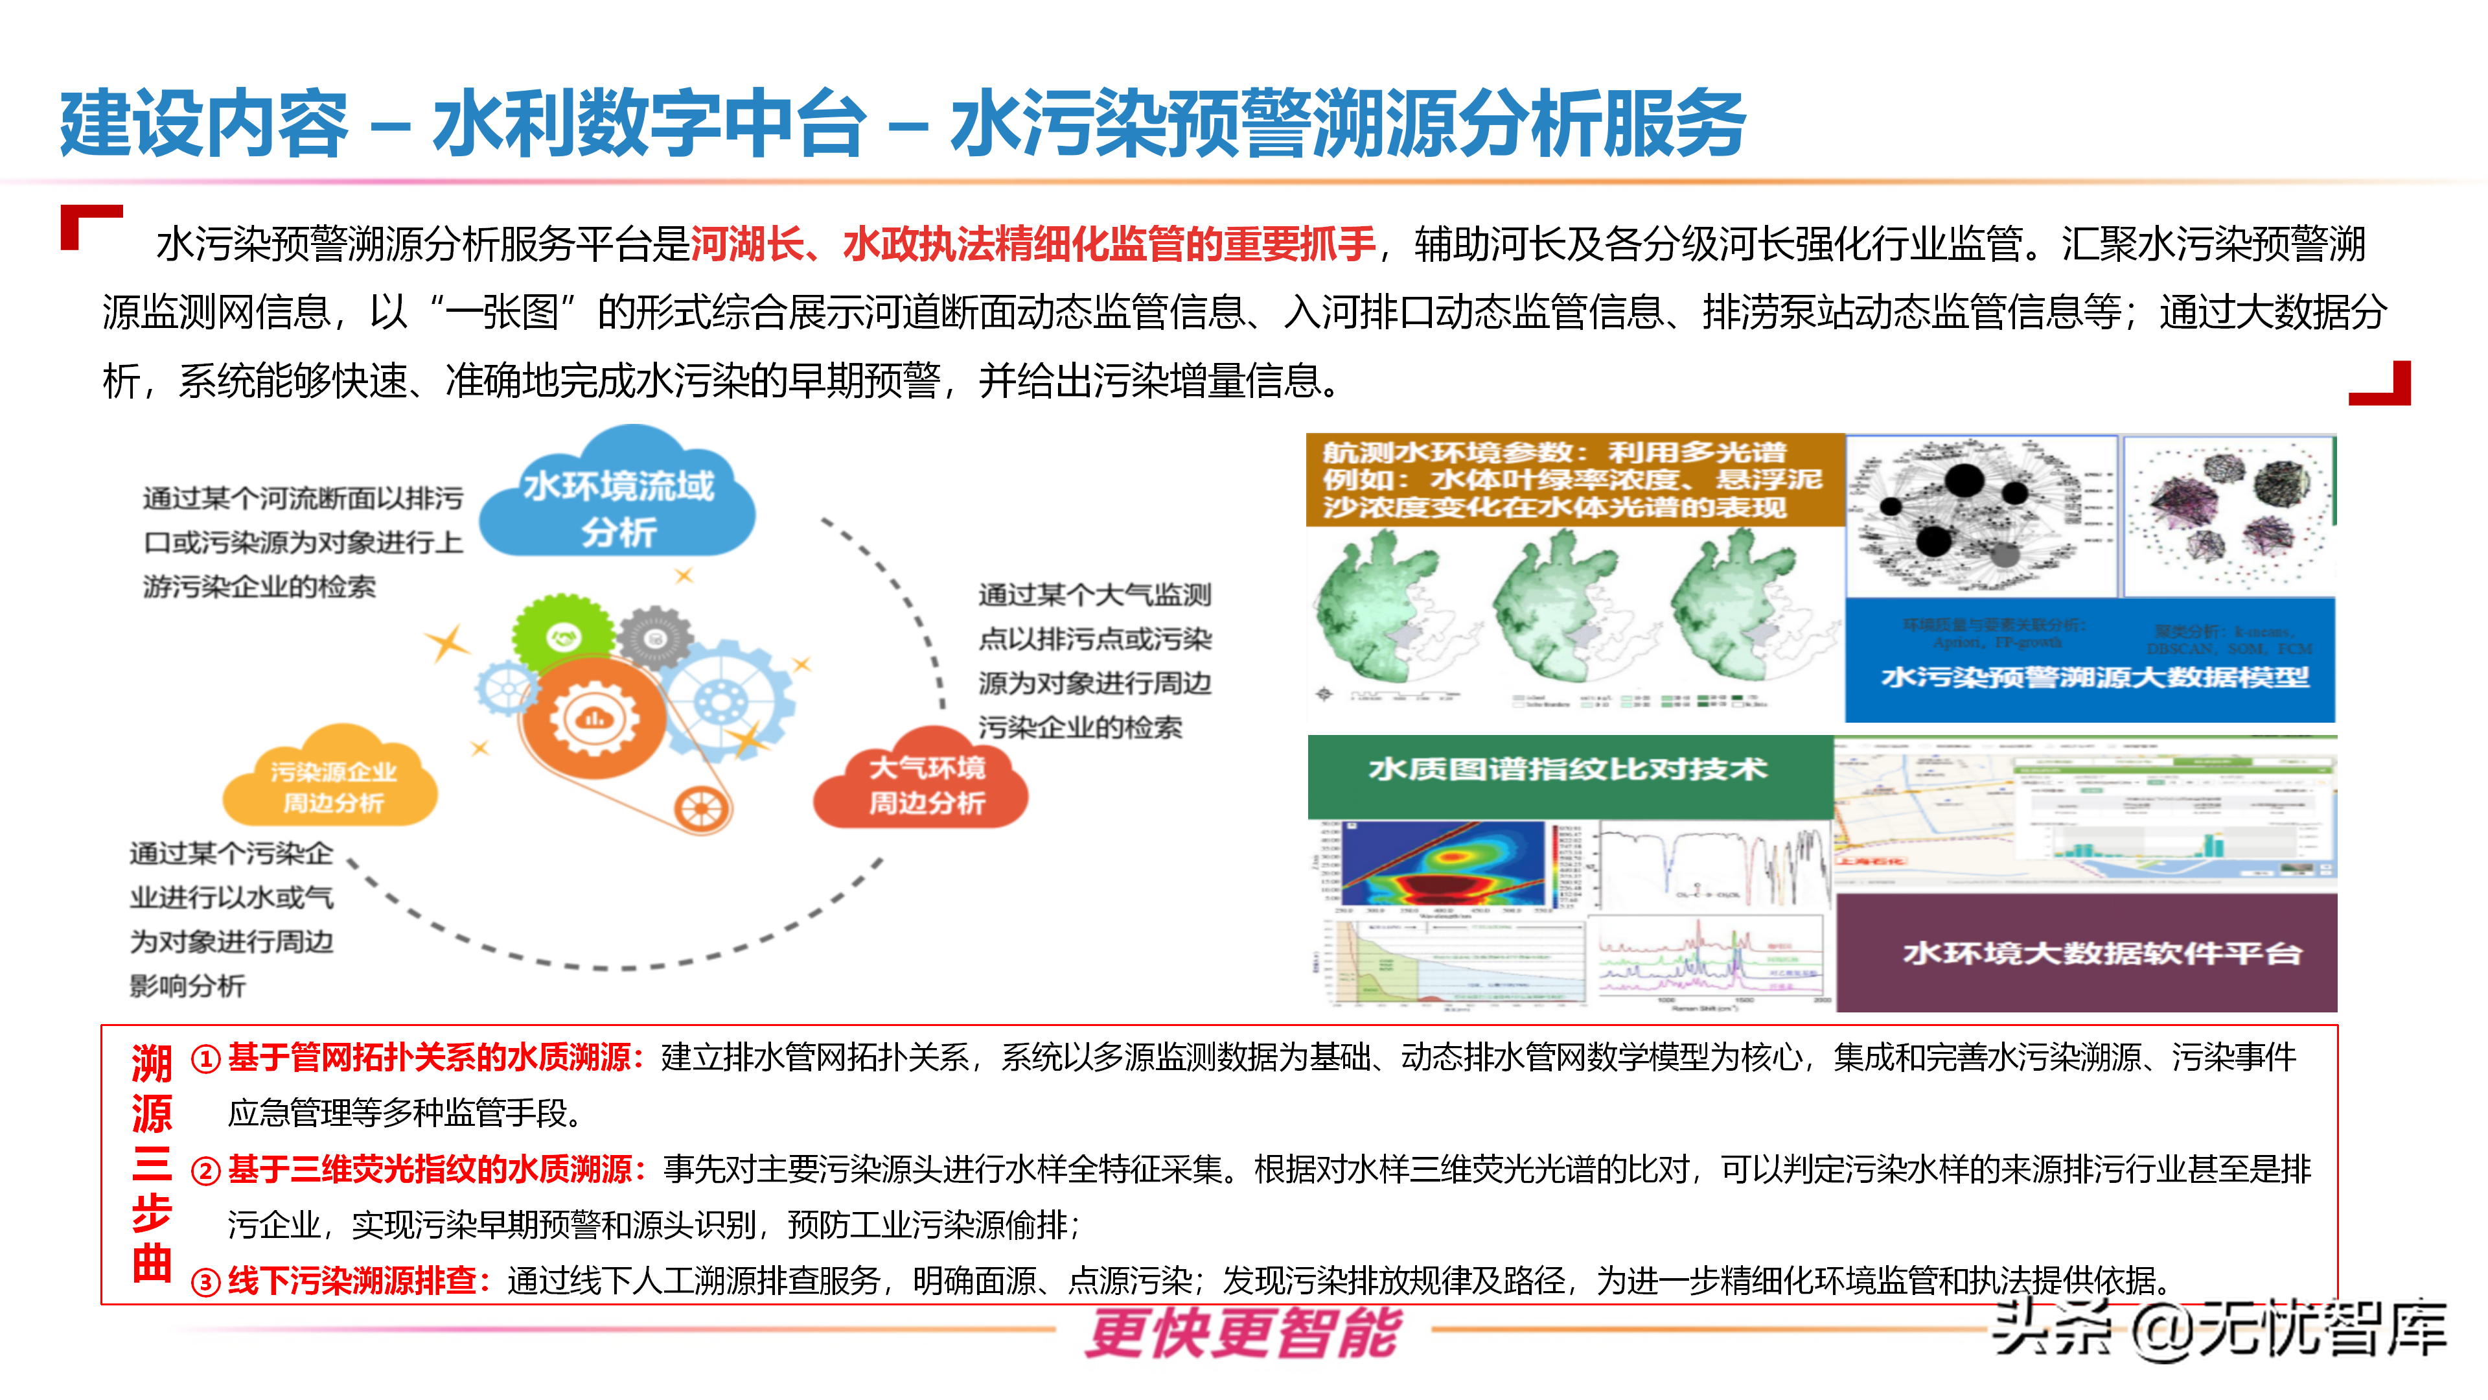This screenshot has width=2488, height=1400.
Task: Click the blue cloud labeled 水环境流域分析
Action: pyautogui.click(x=618, y=502)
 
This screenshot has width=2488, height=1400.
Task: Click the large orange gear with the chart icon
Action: pyautogui.click(x=593, y=719)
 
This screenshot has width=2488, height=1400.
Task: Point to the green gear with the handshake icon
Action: pyautogui.click(x=562, y=638)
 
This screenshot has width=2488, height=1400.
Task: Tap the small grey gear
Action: pyautogui.click(x=656, y=638)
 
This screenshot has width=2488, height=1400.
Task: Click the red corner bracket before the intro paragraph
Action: pyautogui.click(x=87, y=224)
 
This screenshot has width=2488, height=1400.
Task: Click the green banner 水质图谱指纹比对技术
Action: pyautogui.click(x=1569, y=770)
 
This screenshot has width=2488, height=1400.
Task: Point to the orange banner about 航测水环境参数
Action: pyautogui.click(x=1574, y=479)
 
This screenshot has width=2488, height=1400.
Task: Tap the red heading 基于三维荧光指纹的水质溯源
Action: pyautogui.click(x=429, y=1170)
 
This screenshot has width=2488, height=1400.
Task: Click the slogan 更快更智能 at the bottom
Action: pyautogui.click(x=1243, y=1333)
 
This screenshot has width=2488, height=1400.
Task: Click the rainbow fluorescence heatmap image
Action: pyautogui.click(x=1444, y=865)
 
